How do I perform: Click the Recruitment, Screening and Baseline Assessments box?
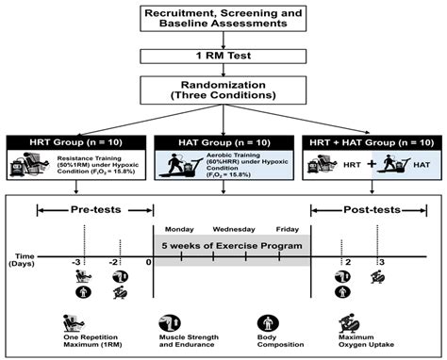coord(223,20)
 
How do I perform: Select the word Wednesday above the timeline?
coord(232,229)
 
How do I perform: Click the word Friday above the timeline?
coord(288,229)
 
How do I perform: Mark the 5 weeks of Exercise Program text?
coord(232,247)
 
